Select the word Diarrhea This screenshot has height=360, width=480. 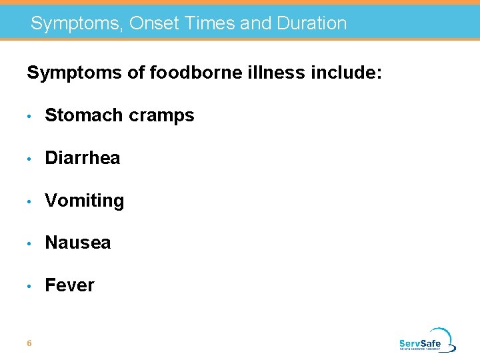82,158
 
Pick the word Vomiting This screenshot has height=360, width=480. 84,201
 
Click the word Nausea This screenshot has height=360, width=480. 77,243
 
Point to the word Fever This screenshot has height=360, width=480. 69,285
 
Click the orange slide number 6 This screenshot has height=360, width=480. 29,343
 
